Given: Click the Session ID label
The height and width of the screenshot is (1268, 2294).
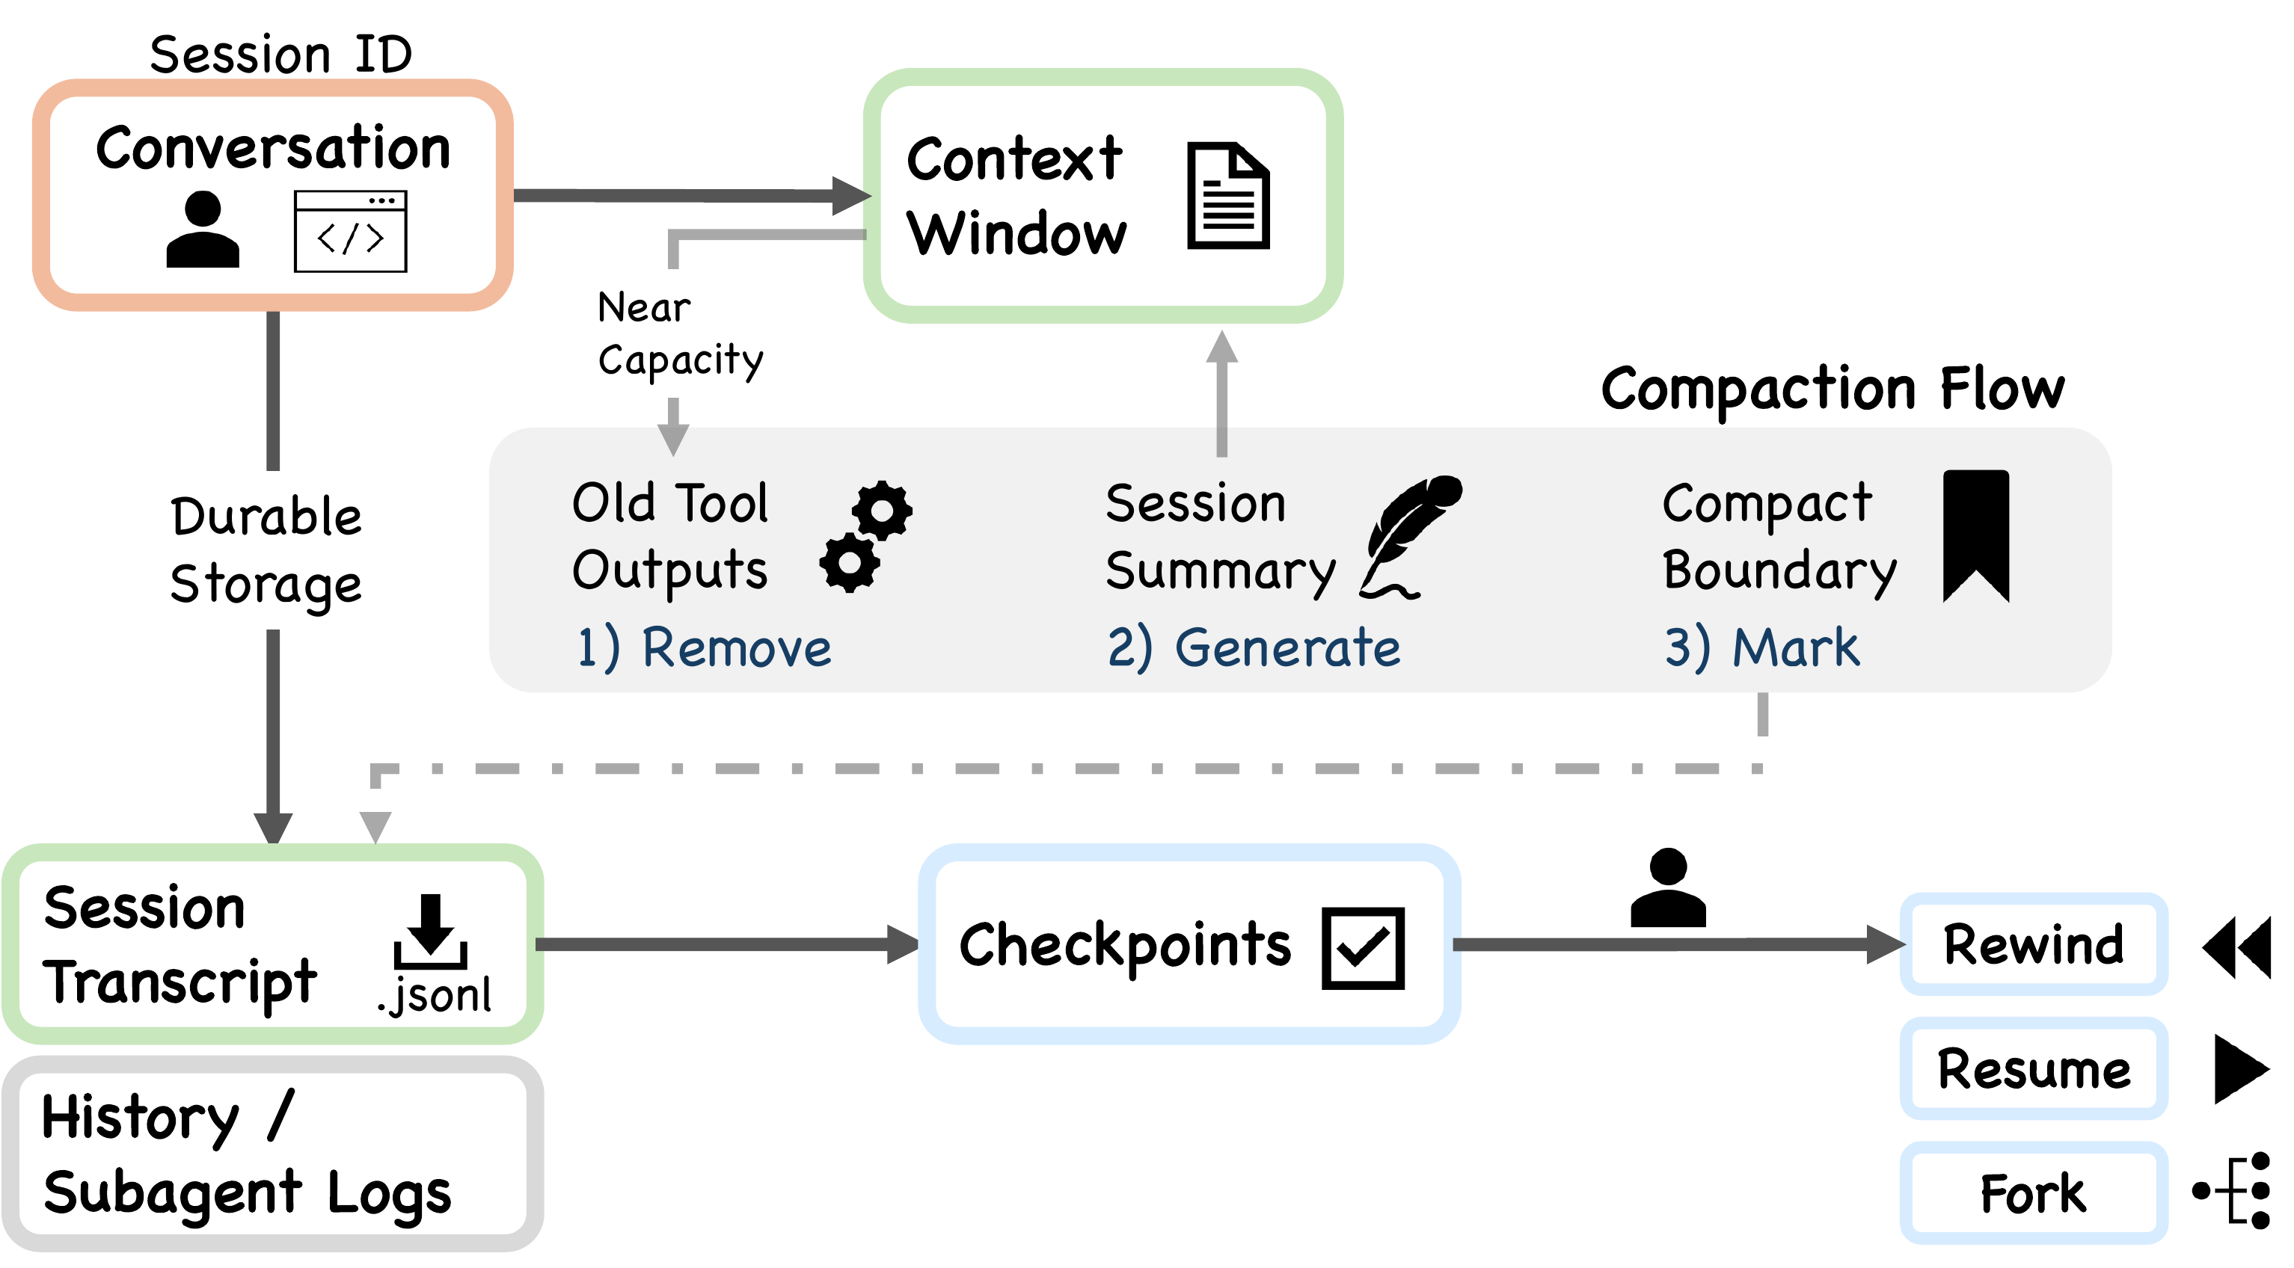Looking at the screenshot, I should (x=280, y=55).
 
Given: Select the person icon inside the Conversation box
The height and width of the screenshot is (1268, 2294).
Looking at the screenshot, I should (x=203, y=230).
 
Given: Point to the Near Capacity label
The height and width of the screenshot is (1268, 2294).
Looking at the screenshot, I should (x=679, y=334).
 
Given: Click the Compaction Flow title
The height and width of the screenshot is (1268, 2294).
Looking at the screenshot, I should (x=1832, y=389).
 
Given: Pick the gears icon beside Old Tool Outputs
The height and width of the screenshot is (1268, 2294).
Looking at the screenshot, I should (x=865, y=536).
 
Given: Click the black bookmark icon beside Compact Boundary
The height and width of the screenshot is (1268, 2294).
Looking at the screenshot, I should (x=1975, y=535).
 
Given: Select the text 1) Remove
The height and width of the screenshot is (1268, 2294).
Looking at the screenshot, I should (x=704, y=647).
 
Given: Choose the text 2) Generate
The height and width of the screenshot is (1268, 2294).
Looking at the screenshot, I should (x=1253, y=647).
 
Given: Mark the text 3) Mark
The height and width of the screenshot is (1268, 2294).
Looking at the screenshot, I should (x=1761, y=647).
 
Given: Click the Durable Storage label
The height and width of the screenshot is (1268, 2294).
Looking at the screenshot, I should (x=266, y=550).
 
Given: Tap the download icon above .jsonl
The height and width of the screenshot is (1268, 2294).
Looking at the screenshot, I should (x=430, y=932).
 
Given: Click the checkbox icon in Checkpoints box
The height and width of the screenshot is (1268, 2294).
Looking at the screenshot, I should (x=1363, y=948).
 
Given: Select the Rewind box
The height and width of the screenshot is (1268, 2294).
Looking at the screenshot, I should (x=2033, y=945).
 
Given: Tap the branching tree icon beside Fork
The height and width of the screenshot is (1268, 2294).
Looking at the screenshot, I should (x=2233, y=1189).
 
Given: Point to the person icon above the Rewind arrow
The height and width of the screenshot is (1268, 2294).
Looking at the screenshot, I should (x=1668, y=889).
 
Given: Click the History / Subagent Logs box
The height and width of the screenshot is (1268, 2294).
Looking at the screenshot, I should (x=272, y=1154).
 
